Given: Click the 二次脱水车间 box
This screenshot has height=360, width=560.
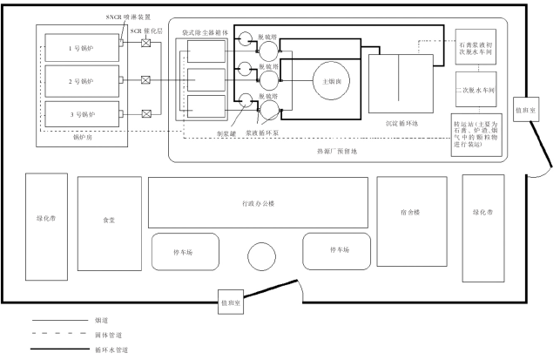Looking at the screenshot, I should [475, 91].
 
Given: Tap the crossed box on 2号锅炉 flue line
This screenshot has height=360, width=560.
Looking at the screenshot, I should [145, 80].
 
